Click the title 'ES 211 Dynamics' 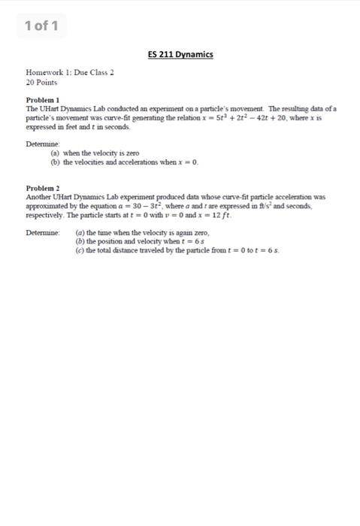click(180, 54)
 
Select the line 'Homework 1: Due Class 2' click(69, 74)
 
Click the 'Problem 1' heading click(43, 100)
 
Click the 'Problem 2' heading click(43, 188)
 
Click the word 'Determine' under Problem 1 click(43, 144)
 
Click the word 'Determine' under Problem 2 click(43, 233)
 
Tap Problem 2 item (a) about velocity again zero click(143, 233)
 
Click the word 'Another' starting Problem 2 click(39, 197)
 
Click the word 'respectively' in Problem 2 click(45, 215)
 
